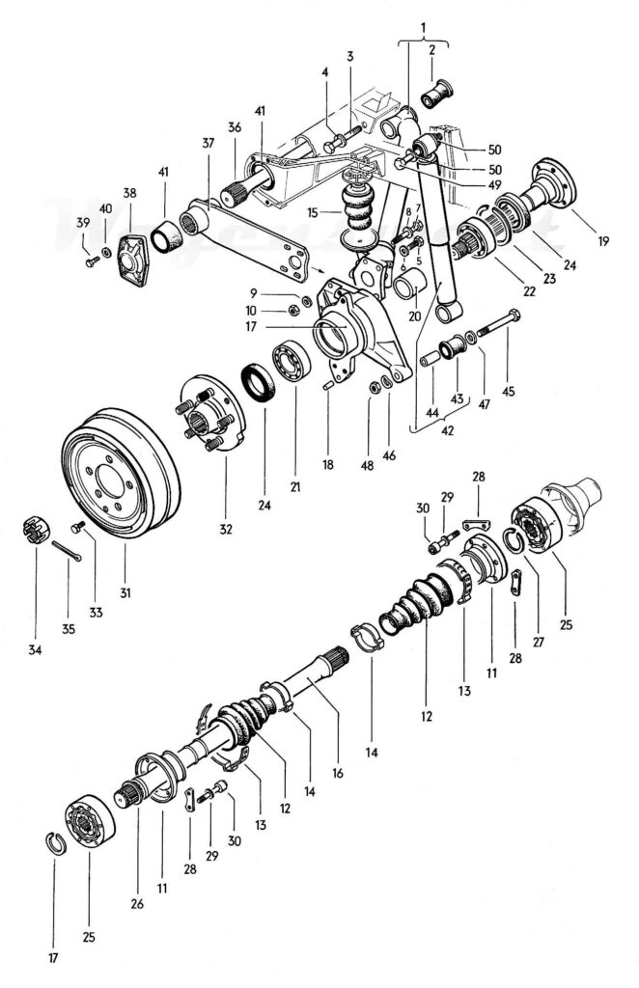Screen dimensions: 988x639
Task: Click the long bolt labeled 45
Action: tap(500, 326)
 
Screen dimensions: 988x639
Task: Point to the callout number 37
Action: tap(207, 142)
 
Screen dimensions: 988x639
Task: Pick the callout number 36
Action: tap(235, 128)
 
